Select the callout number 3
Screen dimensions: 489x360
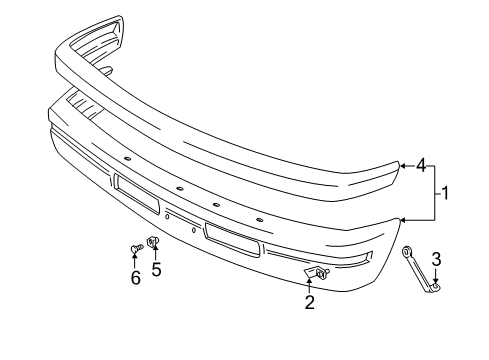(x=436, y=262)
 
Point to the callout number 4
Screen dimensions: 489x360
(x=420, y=165)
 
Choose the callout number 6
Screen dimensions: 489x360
(x=135, y=278)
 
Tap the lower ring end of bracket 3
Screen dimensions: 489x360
(x=435, y=288)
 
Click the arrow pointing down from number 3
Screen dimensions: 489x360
(x=436, y=277)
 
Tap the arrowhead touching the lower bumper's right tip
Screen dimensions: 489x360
(x=404, y=218)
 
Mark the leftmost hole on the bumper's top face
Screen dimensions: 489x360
(x=129, y=157)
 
